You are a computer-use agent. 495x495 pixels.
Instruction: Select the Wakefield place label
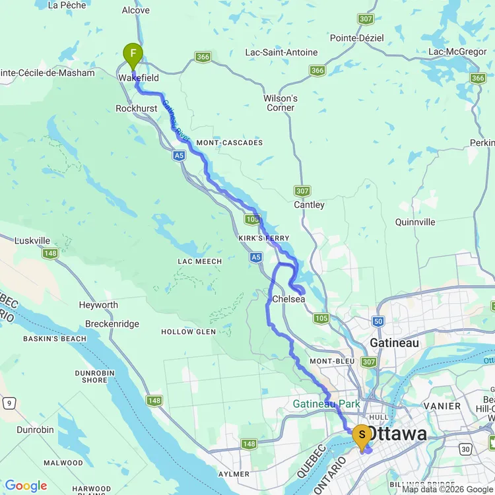point(139,78)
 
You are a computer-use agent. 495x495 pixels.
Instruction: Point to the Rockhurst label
point(135,108)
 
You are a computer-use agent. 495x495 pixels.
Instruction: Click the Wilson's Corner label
point(280,103)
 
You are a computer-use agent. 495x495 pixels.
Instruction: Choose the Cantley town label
point(309,205)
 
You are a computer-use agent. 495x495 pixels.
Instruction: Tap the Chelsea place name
point(288,299)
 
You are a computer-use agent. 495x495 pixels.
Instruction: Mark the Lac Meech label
point(199,261)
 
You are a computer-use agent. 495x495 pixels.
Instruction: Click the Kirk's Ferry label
point(269,238)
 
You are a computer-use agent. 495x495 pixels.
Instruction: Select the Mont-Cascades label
point(229,143)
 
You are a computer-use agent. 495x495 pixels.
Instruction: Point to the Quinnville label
point(415,222)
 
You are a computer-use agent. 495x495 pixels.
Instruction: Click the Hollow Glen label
point(188,331)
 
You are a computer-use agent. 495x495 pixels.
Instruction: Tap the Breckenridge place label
point(112,324)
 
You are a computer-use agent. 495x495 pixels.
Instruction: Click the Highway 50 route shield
point(378,321)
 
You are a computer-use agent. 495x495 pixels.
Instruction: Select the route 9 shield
point(9,402)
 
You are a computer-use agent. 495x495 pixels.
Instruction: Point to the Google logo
point(25,486)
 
